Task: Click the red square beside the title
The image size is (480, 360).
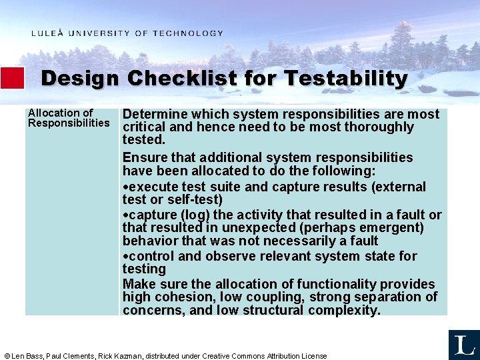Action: click(x=12, y=78)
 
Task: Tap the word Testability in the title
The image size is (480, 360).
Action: click(x=345, y=79)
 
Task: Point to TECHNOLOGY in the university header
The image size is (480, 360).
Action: click(x=188, y=33)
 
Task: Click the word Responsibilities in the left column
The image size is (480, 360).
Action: click(x=69, y=123)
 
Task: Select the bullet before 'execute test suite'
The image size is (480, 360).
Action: click(x=125, y=187)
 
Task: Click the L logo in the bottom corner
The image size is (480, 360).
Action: click(x=464, y=345)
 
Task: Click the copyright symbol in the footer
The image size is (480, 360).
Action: click(x=7, y=356)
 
